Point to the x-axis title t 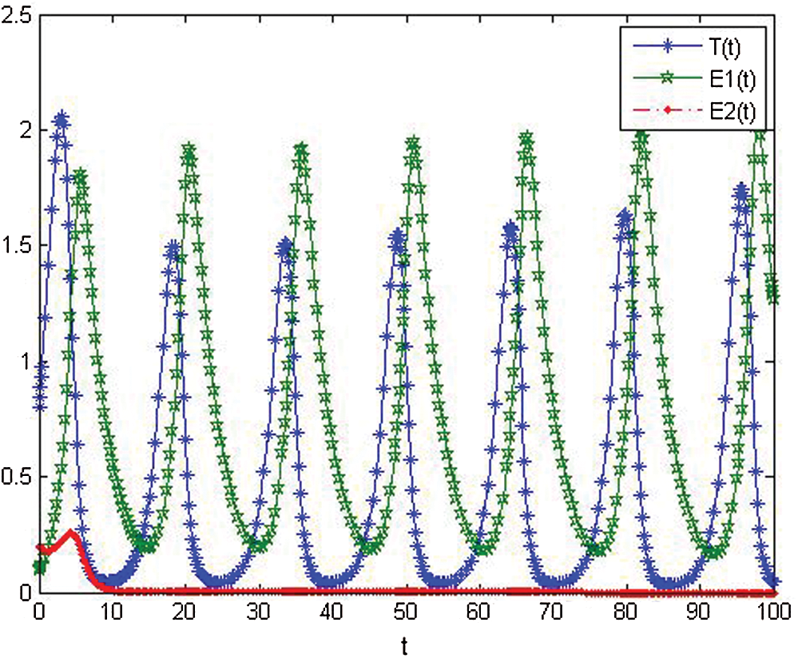point(406,644)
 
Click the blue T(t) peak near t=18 point(173,249)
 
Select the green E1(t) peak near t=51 point(413,144)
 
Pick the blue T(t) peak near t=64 point(510,230)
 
